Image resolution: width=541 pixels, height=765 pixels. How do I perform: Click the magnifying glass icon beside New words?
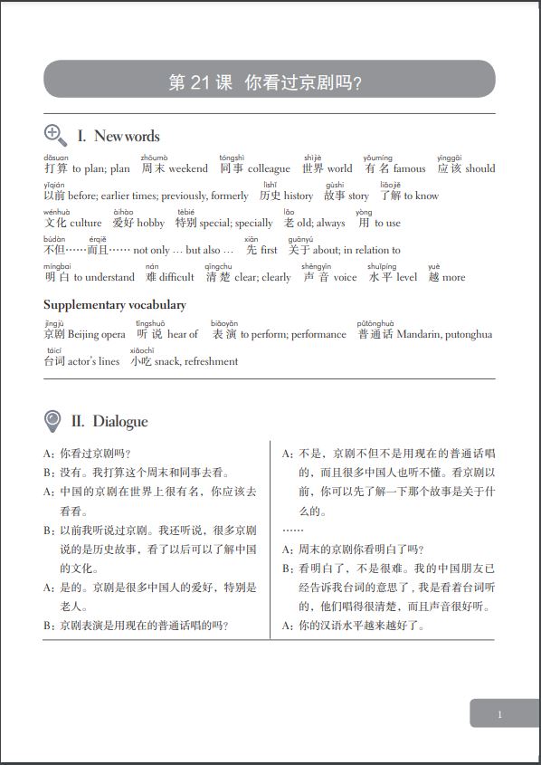pos(55,136)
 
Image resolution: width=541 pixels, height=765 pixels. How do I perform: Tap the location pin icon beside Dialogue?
pos(53,421)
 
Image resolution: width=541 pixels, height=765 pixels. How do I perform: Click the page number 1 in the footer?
pos(499,715)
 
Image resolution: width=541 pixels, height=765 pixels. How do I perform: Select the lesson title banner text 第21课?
pos(200,83)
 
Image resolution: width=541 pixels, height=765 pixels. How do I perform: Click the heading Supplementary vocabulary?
pos(115,305)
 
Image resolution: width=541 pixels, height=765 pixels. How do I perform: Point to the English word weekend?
pos(188,168)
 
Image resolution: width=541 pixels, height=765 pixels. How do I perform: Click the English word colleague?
pos(269,168)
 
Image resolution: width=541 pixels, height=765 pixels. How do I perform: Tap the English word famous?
pos(409,168)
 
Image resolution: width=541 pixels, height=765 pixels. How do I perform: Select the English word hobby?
pos(150,223)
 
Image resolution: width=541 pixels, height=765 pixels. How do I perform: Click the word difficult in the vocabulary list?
pos(176,277)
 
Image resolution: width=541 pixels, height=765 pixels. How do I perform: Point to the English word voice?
pos(345,277)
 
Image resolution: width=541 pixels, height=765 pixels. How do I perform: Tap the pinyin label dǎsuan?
pos(55,158)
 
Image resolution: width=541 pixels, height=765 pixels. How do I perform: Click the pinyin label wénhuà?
pos(56,212)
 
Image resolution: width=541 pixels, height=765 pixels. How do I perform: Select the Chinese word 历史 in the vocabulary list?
pos(270,196)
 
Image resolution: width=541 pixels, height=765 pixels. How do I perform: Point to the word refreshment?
pos(207,361)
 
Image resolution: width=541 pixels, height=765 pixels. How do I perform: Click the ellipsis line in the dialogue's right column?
pos(292,530)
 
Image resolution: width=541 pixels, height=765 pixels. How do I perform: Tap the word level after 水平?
pos(406,277)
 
